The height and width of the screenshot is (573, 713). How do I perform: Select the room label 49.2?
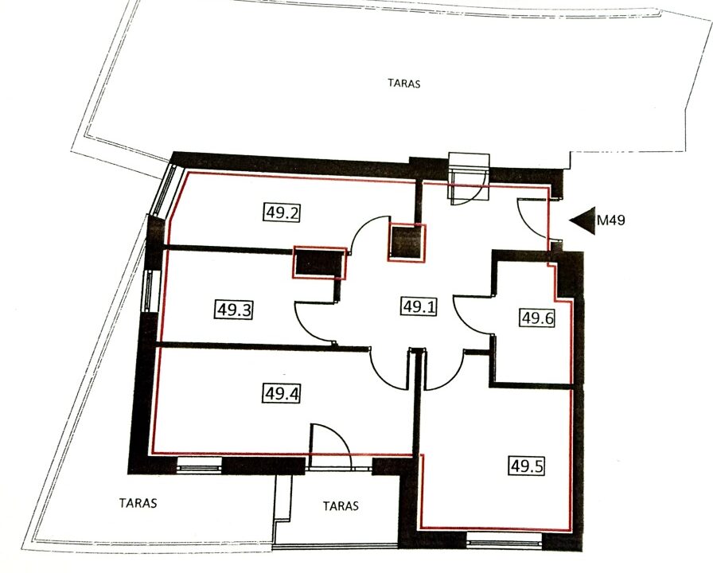point(282,212)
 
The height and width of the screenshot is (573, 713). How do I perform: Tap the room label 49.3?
point(233,310)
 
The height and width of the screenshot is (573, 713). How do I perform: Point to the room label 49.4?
point(282,393)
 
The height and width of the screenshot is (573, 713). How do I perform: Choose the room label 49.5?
point(527,466)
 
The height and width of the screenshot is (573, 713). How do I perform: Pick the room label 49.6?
point(537,318)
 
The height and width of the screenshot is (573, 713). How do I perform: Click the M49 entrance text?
point(610,220)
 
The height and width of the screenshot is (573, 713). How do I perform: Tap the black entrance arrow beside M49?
point(582,220)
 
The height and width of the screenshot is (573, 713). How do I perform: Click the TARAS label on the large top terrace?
point(404,84)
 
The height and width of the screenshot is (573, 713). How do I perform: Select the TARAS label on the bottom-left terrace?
point(138,503)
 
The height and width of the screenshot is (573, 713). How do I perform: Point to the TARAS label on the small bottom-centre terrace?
point(341,505)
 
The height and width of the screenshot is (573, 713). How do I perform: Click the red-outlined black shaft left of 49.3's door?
point(320,263)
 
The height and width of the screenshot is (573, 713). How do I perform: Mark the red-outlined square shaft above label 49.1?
point(407,243)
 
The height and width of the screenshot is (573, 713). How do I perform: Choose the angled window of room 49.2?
point(162,189)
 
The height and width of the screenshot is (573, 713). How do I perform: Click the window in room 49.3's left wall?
point(150,291)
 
